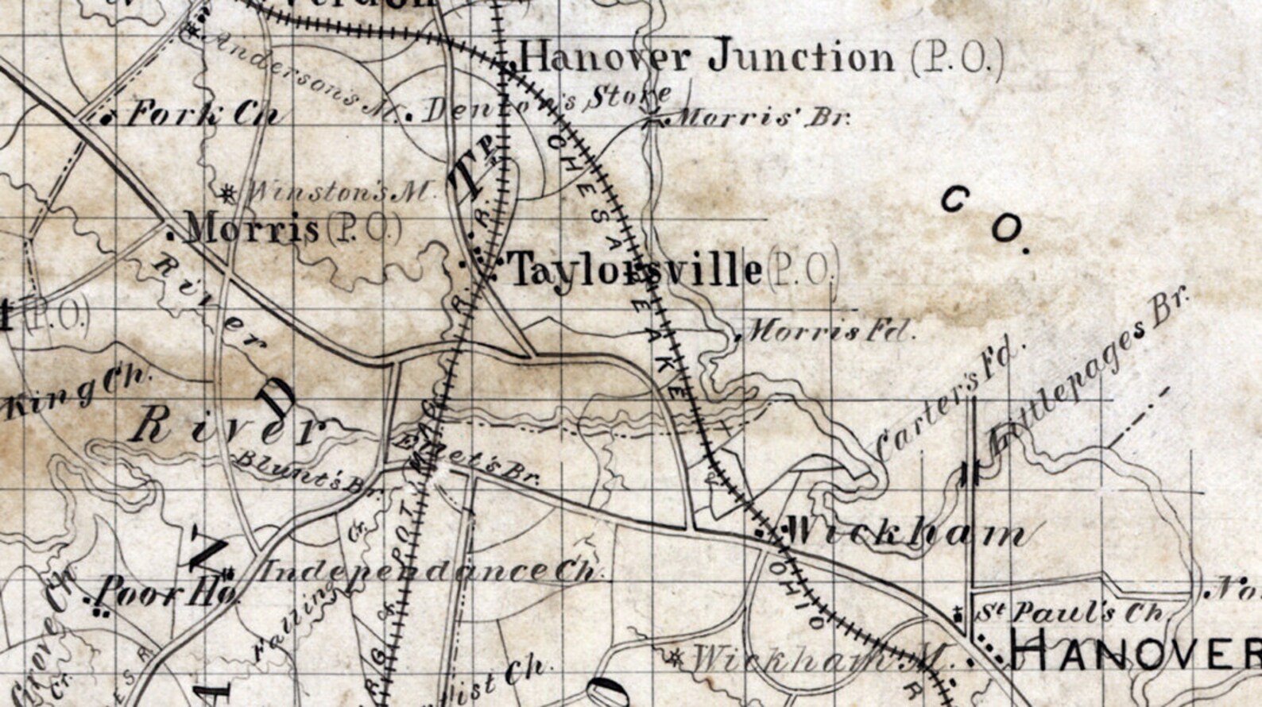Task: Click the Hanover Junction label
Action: point(707,57)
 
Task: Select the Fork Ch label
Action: point(203,114)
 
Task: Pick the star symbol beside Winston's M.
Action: point(228,191)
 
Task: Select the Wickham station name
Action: point(906,532)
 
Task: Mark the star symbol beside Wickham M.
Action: point(675,656)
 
